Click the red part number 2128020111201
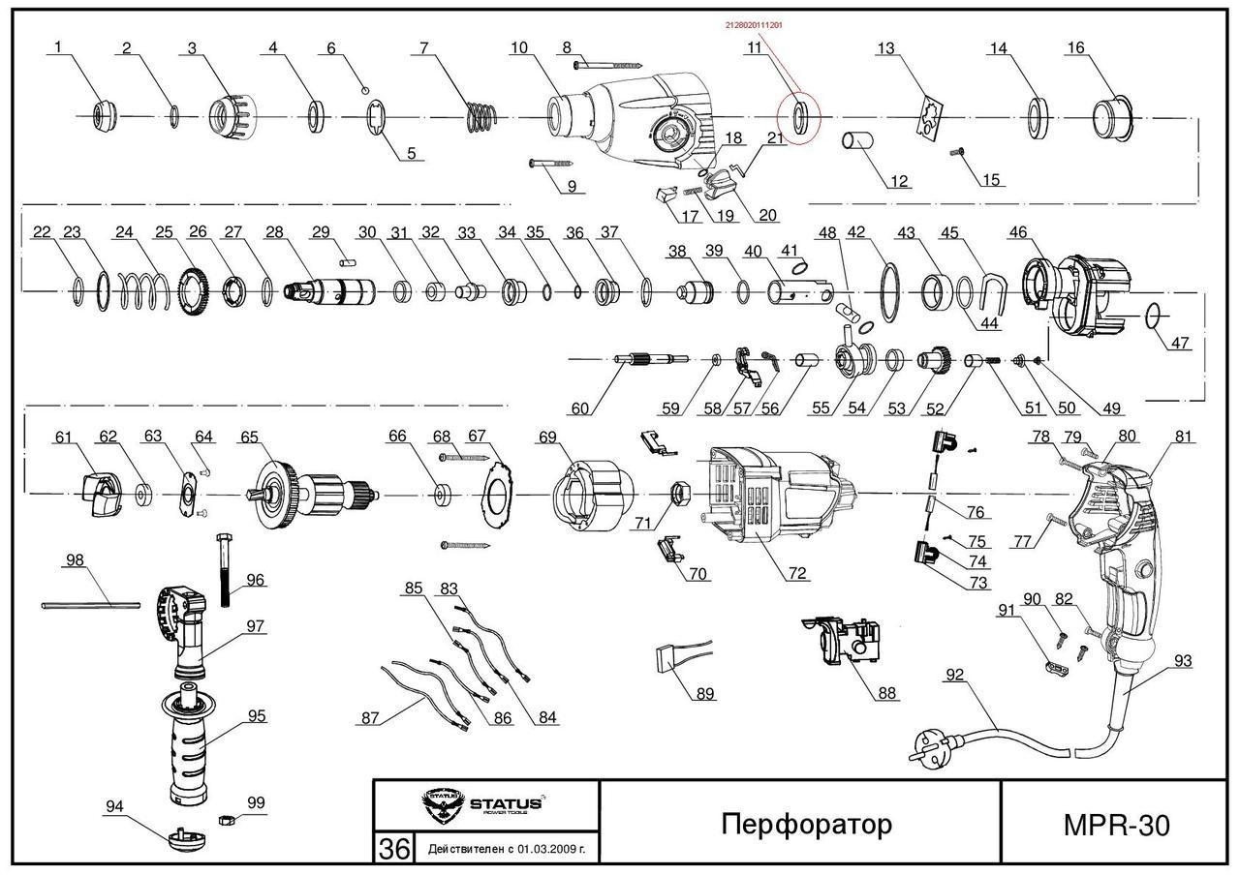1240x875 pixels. point(754,25)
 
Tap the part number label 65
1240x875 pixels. point(249,437)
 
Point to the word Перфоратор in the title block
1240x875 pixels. point(807,824)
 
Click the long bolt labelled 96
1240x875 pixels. point(225,570)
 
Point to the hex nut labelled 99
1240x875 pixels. point(226,819)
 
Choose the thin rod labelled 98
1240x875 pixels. point(90,606)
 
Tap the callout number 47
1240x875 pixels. point(1179,343)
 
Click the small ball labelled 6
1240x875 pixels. point(364,89)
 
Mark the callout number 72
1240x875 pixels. point(797,573)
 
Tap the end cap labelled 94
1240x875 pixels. point(187,839)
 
